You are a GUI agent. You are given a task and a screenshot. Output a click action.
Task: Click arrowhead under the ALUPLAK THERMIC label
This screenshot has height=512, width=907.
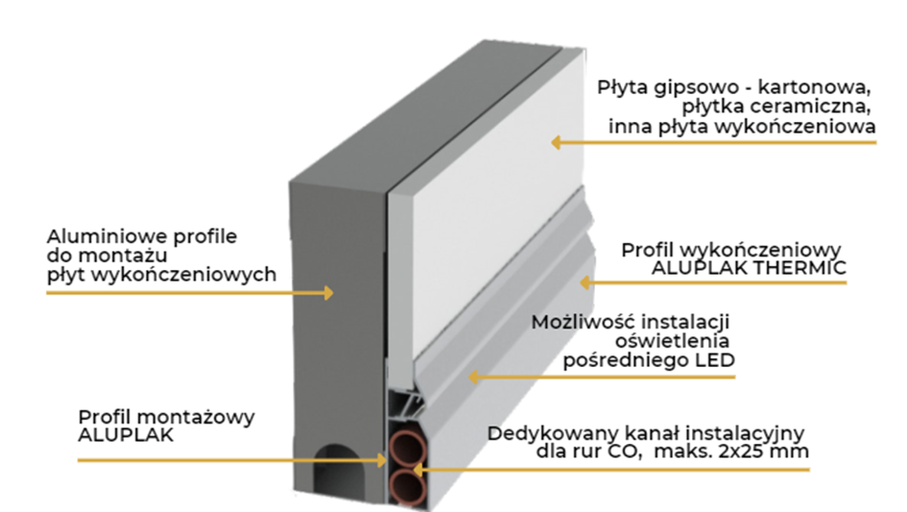tap(583, 282)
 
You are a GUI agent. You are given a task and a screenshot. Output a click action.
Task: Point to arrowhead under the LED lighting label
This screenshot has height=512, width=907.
tap(471, 377)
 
